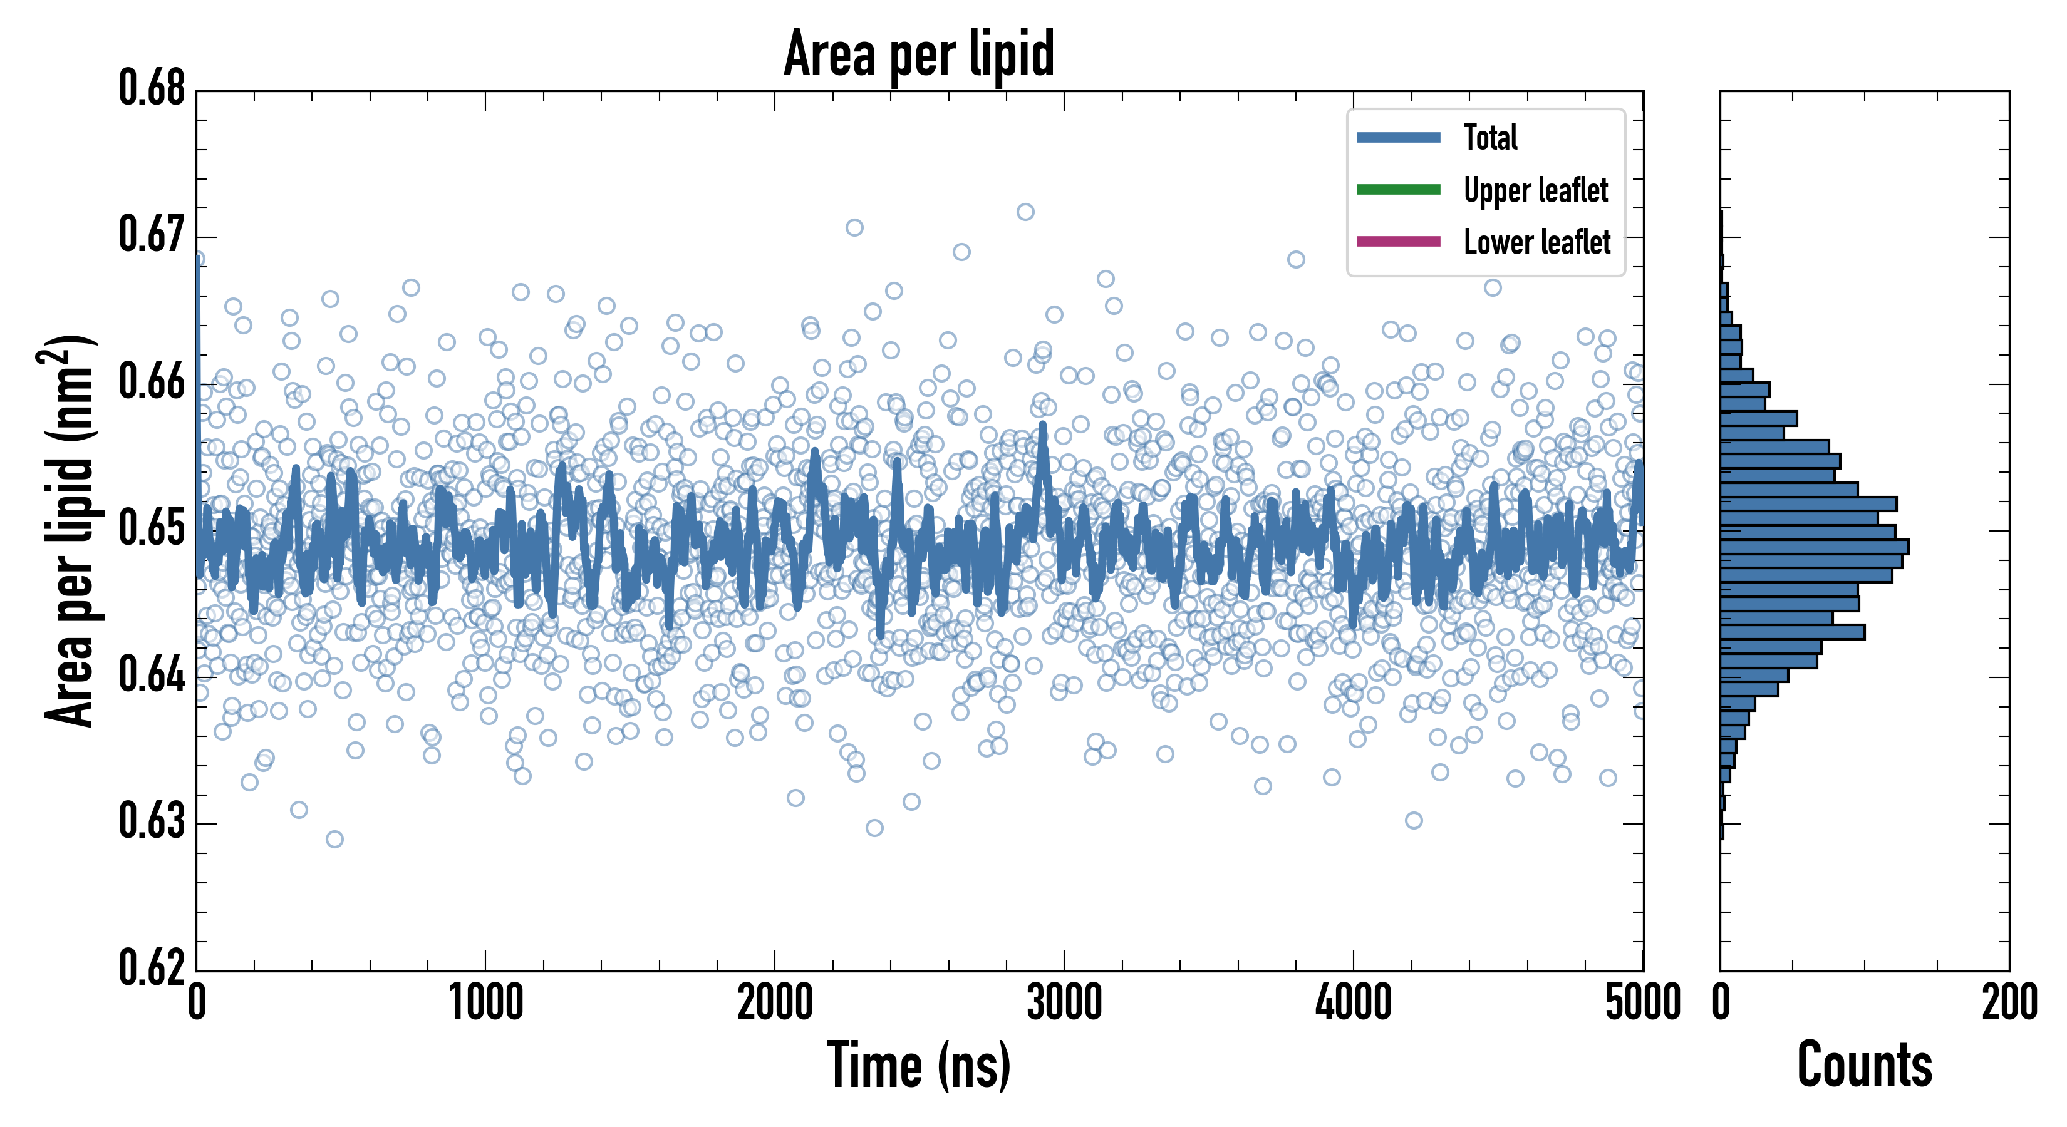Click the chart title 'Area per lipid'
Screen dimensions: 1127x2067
point(919,54)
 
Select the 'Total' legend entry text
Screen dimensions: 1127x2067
point(1490,137)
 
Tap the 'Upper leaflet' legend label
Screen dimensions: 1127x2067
point(1535,190)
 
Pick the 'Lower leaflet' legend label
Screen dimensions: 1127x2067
point(1536,242)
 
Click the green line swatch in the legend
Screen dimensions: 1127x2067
point(1398,189)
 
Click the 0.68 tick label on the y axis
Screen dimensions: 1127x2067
point(152,88)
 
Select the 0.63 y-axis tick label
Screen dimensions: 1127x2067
point(152,821)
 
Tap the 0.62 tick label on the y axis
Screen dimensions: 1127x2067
point(152,967)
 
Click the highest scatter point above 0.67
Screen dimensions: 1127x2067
point(1025,212)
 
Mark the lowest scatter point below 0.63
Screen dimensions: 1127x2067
point(334,839)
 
